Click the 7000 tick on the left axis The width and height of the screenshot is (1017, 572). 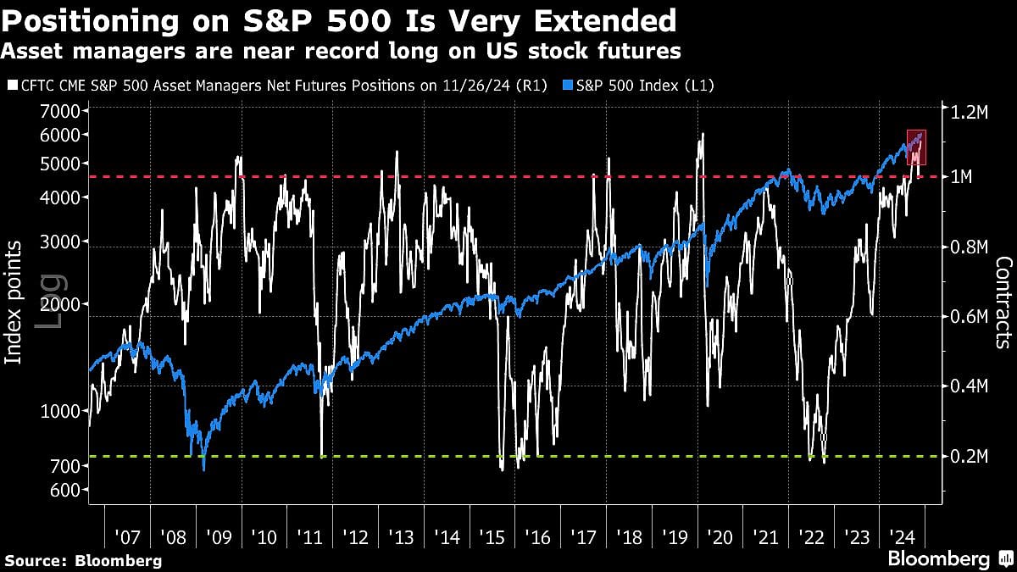pyautogui.click(x=61, y=111)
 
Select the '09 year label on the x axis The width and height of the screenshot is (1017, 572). pyautogui.click(x=219, y=536)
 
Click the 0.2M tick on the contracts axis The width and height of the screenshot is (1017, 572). pyautogui.click(x=968, y=457)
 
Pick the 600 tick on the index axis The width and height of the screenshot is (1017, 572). pyautogui.click(x=65, y=490)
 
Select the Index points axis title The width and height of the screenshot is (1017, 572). pyautogui.click(x=14, y=303)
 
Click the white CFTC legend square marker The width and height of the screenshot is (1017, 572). pyautogui.click(x=11, y=86)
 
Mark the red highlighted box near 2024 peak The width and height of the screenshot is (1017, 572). pyautogui.click(x=916, y=147)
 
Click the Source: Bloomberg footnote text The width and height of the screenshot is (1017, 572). pyautogui.click(x=83, y=560)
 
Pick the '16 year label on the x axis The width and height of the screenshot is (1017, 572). pyautogui.click(x=537, y=536)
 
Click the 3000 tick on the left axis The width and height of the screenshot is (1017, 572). pyautogui.click(x=61, y=242)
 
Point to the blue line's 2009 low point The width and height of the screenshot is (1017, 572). pyautogui.click(x=203, y=468)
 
